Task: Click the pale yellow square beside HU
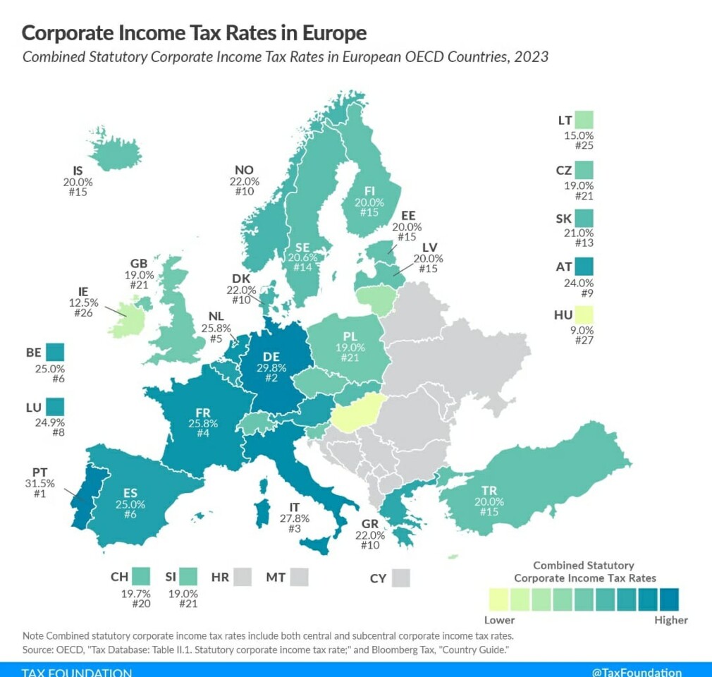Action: [x=584, y=315]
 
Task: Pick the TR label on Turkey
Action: [x=489, y=490]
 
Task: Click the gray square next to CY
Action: [x=401, y=578]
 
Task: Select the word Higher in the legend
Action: [x=670, y=620]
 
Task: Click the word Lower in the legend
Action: [x=499, y=620]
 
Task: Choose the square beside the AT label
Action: [x=584, y=266]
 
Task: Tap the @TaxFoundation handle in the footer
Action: [x=637, y=672]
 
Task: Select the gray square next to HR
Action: [x=243, y=577]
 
